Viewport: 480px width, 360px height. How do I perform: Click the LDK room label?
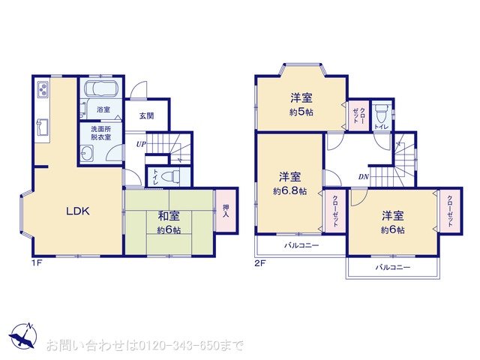pyautogui.click(x=77, y=211)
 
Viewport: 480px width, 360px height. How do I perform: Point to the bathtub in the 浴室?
pyautogui.click(x=102, y=91)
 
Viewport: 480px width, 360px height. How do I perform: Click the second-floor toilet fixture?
pyautogui.click(x=382, y=112)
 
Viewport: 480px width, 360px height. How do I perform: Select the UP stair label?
pyautogui.click(x=139, y=143)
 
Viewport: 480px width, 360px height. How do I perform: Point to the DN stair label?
pyautogui.click(x=361, y=177)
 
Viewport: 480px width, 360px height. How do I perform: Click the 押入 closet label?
pyautogui.click(x=226, y=208)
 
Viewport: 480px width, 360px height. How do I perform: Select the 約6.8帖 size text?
pyautogui.click(x=289, y=191)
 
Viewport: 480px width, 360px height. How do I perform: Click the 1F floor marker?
pyautogui.click(x=37, y=263)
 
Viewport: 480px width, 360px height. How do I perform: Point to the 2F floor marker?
pyautogui.click(x=259, y=263)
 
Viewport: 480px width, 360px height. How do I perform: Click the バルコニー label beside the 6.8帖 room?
pyautogui.click(x=301, y=246)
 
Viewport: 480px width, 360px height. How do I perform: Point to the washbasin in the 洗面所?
pyautogui.click(x=88, y=154)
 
